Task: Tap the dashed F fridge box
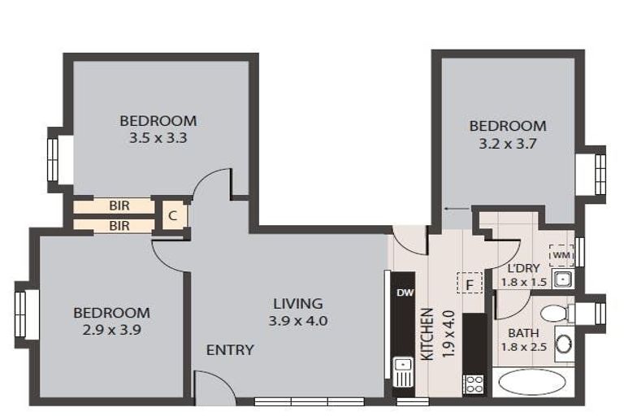coord(469,284)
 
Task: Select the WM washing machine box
coord(561,256)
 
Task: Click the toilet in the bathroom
coord(556,313)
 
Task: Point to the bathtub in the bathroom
coord(531,382)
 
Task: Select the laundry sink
coord(563,280)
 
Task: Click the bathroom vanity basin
coord(564,343)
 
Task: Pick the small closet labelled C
coord(172,216)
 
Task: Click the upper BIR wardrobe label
coord(119,206)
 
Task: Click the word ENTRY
coord(230,350)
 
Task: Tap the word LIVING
coord(297,304)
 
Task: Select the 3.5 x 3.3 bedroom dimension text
coord(158,138)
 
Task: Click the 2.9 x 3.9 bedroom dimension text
coord(111,330)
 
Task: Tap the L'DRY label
coord(524,268)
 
